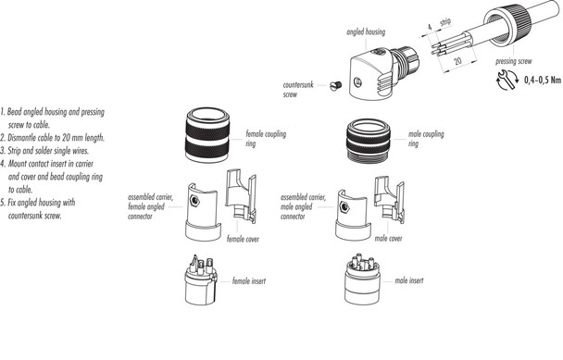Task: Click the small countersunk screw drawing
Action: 338,86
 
